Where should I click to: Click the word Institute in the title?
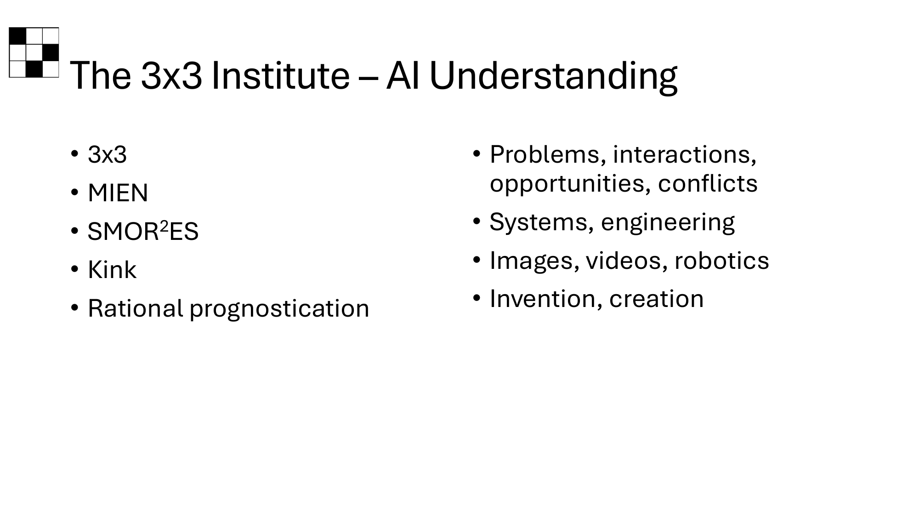280,75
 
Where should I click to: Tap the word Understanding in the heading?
553,77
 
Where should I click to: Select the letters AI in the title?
403,75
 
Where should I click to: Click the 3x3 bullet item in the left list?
107,155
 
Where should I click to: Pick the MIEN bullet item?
118,193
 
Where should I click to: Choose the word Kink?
112,270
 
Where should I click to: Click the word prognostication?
279,309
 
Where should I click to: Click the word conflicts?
708,183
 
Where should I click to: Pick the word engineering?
668,223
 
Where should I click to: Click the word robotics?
721,261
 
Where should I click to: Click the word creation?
656,299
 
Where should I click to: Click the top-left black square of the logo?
17,36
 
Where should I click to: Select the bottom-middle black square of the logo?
34,69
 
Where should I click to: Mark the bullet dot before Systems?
477,222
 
